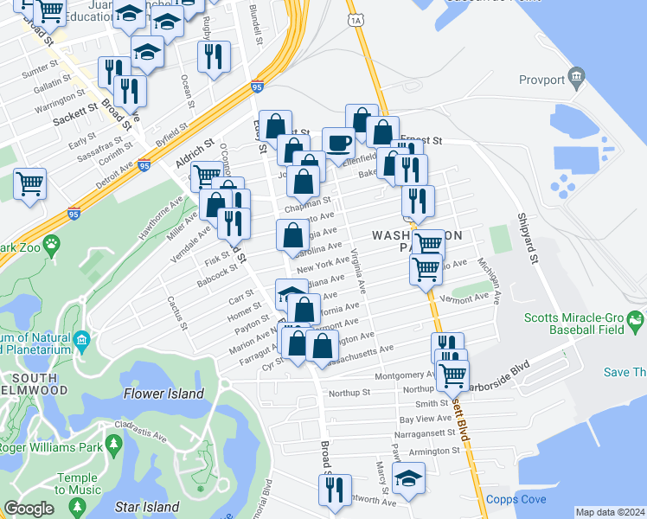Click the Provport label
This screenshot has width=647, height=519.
(x=541, y=80)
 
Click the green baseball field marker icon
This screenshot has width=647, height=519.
(x=636, y=324)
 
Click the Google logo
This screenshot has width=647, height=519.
(x=29, y=509)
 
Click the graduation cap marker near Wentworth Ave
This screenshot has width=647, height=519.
(x=408, y=477)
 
